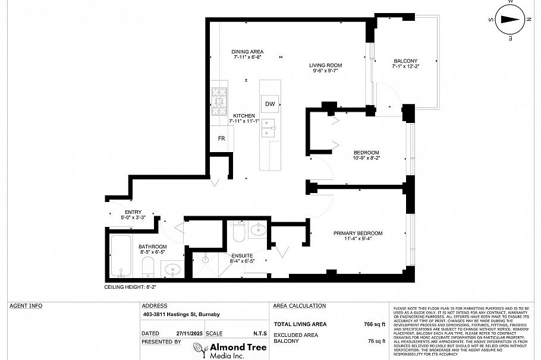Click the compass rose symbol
pyautogui.click(x=509, y=19)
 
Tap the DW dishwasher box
pyautogui.click(x=270, y=104)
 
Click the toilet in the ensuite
pyautogui.click(x=239, y=232)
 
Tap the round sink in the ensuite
pyautogui.click(x=259, y=230)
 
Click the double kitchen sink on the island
pyautogui.click(x=269, y=128)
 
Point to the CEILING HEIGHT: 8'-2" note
pyautogui.click(x=130, y=286)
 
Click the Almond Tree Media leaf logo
pyautogui.click(x=198, y=349)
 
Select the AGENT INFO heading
pyautogui.click(x=26, y=306)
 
